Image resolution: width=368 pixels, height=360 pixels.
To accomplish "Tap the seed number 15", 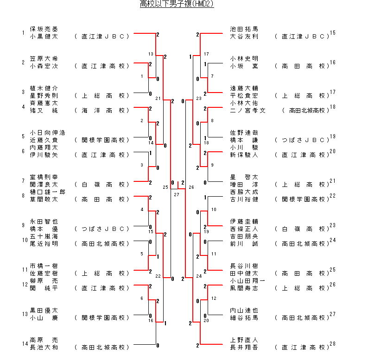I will coord(332,33).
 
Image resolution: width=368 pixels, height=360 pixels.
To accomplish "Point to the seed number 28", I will coord(332,344).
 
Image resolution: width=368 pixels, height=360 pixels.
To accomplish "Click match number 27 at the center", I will coord(176,194).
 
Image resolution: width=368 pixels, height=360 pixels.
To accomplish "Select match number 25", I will coord(165,187).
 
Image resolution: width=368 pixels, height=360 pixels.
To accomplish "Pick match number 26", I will coord(192,187).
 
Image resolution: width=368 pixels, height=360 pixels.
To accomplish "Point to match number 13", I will coord(151,54).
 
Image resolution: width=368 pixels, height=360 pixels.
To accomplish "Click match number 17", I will coord(206,54).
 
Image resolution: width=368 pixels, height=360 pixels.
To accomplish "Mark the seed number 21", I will coord(332,181).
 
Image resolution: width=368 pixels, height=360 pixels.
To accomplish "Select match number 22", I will coord(158,276).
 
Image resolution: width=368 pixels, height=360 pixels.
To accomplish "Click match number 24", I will coord(199,276).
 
